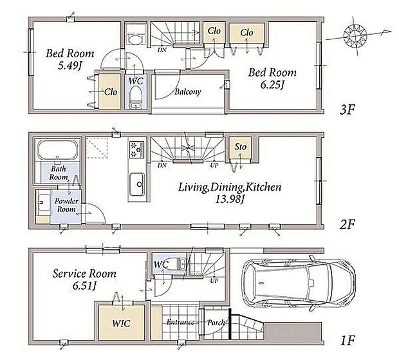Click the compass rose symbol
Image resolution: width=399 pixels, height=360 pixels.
(355, 35)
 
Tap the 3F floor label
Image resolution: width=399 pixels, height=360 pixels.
(347, 109)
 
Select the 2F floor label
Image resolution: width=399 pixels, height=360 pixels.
(347, 224)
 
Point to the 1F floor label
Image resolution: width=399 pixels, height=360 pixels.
(348, 340)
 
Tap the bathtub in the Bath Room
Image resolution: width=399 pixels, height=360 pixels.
(58, 149)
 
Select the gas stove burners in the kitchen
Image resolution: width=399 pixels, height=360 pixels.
(136, 149)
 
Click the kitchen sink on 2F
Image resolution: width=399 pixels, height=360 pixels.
(137, 185)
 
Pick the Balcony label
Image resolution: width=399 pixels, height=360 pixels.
(188, 91)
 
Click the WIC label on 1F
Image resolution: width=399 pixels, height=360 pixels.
(121, 323)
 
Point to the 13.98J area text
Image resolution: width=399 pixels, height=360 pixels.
(230, 199)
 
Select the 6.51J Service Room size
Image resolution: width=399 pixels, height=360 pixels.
(84, 286)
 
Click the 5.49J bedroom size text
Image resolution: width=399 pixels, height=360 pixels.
(70, 66)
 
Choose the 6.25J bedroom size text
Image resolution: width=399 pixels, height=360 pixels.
(272, 84)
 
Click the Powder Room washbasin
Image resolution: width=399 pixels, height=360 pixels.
(44, 203)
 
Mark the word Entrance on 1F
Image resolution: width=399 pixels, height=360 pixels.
(180, 322)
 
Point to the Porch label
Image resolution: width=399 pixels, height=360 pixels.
(216, 323)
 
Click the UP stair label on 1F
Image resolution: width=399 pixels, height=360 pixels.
(214, 281)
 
